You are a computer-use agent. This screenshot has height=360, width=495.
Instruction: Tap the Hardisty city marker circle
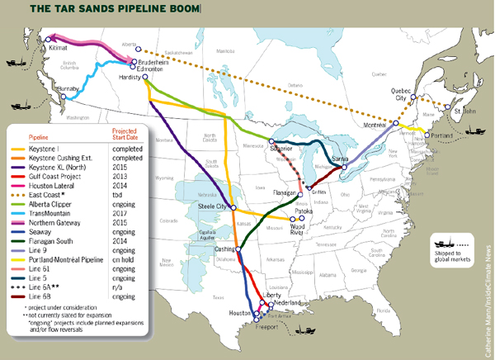tap(145, 78)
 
